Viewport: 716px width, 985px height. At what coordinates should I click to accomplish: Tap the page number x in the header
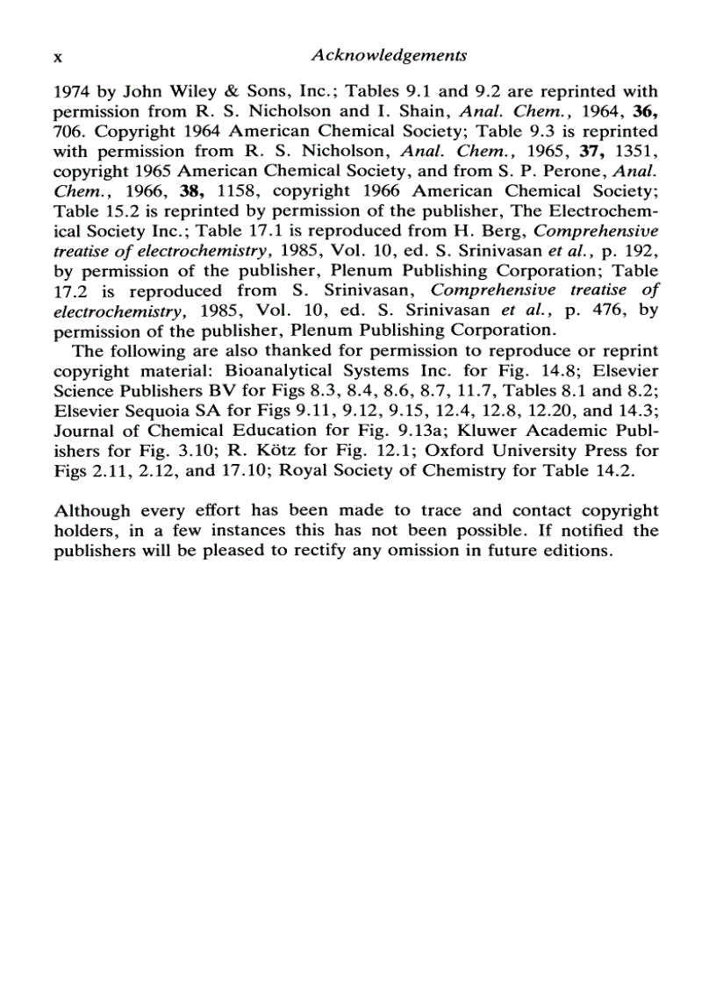59,56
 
